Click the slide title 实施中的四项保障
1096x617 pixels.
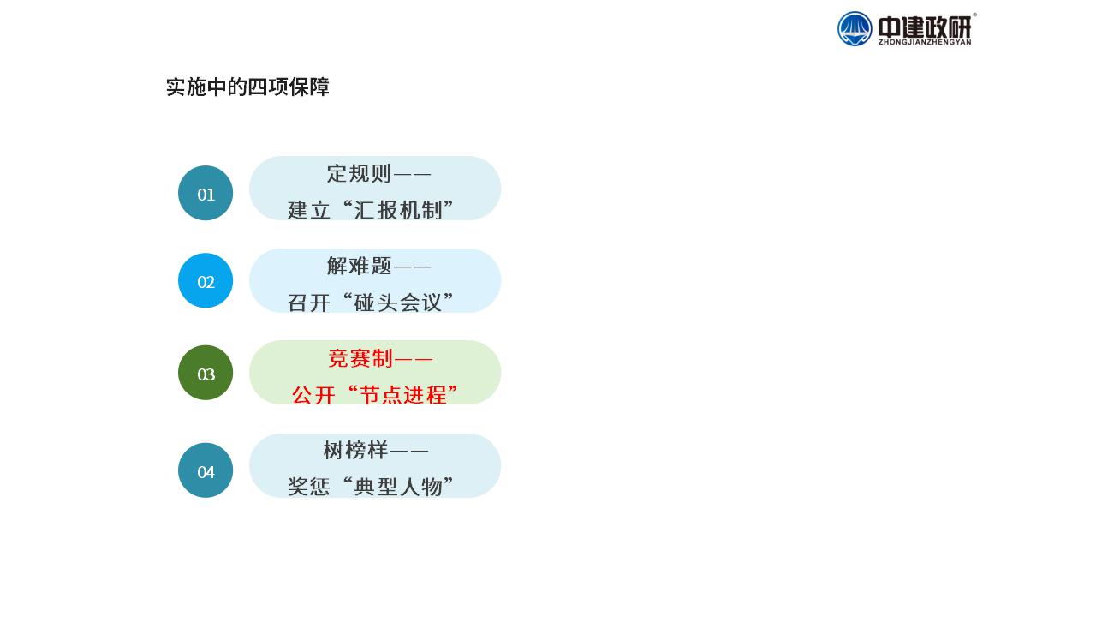(247, 87)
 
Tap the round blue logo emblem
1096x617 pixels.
(855, 29)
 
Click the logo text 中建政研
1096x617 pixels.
(924, 27)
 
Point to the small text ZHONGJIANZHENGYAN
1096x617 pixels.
(925, 43)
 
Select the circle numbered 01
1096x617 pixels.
(205, 193)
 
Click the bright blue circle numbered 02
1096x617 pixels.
(205, 280)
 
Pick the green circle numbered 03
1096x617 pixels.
(205, 373)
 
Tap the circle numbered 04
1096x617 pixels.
(205, 470)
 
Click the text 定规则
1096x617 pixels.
(359, 173)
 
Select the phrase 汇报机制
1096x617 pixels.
(399, 210)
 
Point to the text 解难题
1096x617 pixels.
(359, 266)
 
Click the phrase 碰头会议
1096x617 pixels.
(399, 303)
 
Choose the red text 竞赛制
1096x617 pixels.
(360, 358)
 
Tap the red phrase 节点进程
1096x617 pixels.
(403, 395)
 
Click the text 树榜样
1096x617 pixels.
(355, 450)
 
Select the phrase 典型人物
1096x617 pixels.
(399, 487)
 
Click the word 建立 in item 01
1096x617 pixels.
(309, 210)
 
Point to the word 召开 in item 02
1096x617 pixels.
(309, 303)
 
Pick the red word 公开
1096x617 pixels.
(313, 395)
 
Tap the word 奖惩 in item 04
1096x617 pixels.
(309, 487)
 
